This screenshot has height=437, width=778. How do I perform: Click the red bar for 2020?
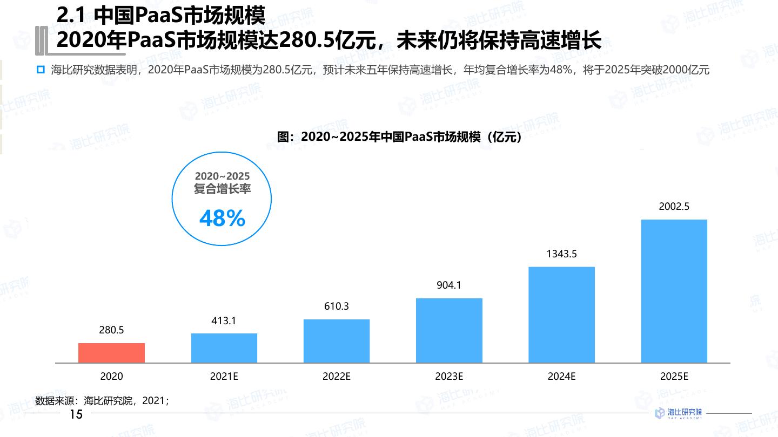click(x=111, y=353)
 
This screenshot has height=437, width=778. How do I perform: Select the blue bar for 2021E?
click(x=224, y=348)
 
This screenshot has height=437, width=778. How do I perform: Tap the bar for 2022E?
click(x=337, y=341)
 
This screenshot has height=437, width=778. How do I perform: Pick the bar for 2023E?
click(x=449, y=330)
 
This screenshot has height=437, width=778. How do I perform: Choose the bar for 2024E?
click(x=561, y=315)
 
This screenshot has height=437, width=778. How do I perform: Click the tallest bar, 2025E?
click(x=674, y=291)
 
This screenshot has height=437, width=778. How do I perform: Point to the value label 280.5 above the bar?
click(x=111, y=330)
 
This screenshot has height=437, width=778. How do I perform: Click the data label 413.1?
click(x=224, y=321)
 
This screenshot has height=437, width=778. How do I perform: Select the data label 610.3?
click(x=337, y=306)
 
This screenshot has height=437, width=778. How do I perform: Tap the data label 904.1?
click(x=449, y=285)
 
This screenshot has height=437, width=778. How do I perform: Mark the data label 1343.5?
click(x=561, y=254)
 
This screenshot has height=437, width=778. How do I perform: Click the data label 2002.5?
click(x=674, y=207)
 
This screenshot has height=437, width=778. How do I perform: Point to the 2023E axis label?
click(x=449, y=377)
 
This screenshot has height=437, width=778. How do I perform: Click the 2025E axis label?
click(x=674, y=377)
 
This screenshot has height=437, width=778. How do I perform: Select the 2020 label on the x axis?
click(x=111, y=377)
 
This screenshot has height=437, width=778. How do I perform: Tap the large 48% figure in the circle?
click(x=222, y=218)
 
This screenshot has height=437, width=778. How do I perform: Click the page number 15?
click(x=76, y=414)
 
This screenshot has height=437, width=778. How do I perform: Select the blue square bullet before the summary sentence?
click(x=40, y=70)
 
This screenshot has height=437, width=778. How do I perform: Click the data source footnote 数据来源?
click(x=102, y=401)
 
